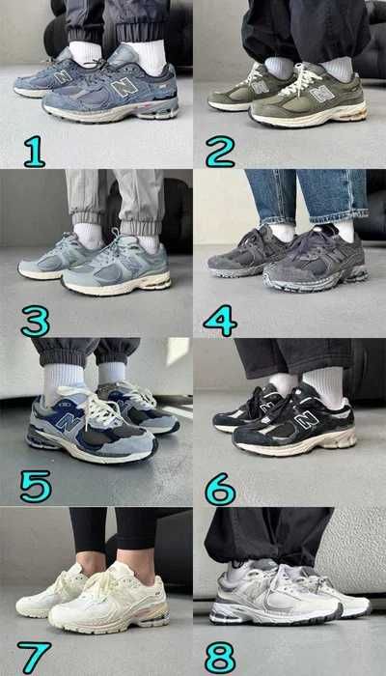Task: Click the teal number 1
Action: [x=35, y=151]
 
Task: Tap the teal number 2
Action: [x=220, y=151]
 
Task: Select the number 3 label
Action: [x=35, y=319]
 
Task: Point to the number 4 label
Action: [x=220, y=319]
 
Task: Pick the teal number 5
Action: [x=35, y=486]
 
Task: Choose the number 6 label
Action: [x=220, y=489]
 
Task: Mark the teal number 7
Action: [x=35, y=657]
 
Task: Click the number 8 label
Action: [x=220, y=657]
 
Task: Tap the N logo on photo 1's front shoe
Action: [x=124, y=87]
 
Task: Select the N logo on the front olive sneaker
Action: [x=321, y=94]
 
